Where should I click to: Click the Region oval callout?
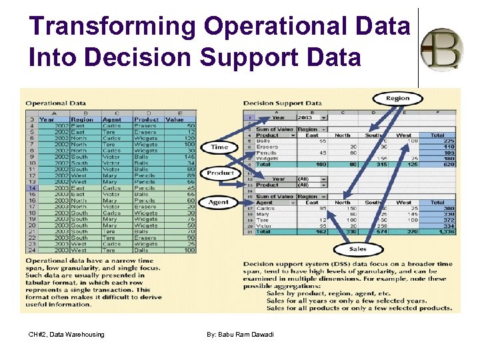397,99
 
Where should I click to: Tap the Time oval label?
219,147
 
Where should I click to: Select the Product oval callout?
219,173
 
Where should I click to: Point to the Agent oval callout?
219,202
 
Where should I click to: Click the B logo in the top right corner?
443,49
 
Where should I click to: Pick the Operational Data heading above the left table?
55,103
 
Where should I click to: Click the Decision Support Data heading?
282,103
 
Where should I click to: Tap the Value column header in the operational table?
175,119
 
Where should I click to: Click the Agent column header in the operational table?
111,119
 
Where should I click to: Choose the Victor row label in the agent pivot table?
265,226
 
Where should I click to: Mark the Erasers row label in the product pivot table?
268,147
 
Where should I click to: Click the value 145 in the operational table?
190,157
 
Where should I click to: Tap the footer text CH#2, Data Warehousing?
67,334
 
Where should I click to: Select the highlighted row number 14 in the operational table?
31,188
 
